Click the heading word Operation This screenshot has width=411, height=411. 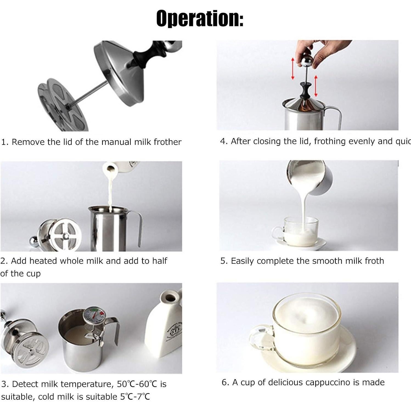click(199, 18)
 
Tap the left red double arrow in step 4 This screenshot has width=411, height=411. click(293, 69)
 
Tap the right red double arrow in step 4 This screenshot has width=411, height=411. click(316, 86)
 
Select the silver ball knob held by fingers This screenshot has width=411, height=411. click(307, 61)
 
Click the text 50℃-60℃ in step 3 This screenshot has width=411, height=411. click(137, 384)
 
